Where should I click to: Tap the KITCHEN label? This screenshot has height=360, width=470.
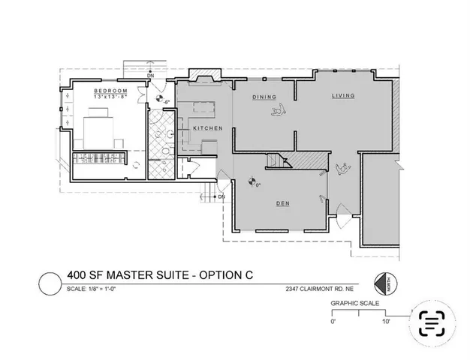click(x=207, y=128)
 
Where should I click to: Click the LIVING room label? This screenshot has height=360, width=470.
click(x=344, y=97)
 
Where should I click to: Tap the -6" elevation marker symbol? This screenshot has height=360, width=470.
click(x=159, y=97)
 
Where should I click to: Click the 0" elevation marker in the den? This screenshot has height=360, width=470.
click(x=251, y=180)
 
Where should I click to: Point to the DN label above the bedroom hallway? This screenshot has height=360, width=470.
click(x=150, y=76)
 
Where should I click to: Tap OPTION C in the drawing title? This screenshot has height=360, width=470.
click(x=224, y=276)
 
